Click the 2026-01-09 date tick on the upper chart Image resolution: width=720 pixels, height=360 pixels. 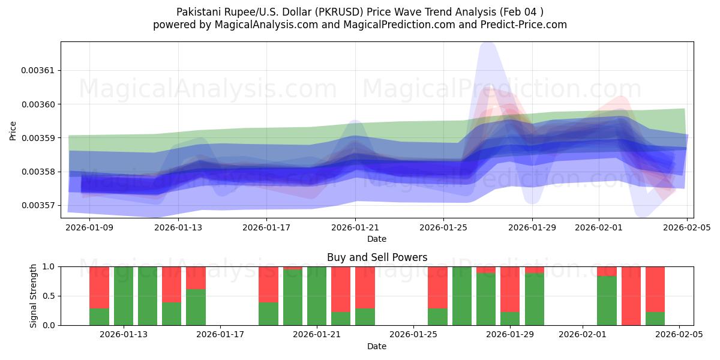pyautogui.click(x=89, y=227)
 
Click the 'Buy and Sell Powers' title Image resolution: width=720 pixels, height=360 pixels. pyautogui.click(x=377, y=257)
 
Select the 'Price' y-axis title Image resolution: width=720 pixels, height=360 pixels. pyautogui.click(x=13, y=130)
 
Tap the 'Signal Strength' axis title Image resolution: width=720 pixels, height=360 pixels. pyautogui.click(x=34, y=296)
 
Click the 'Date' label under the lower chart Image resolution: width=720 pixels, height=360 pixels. pyautogui.click(x=377, y=346)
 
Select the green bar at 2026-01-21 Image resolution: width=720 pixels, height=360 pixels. pyautogui.click(x=317, y=296)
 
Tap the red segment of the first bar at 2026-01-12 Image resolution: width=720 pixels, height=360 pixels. pyautogui.click(x=100, y=287)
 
